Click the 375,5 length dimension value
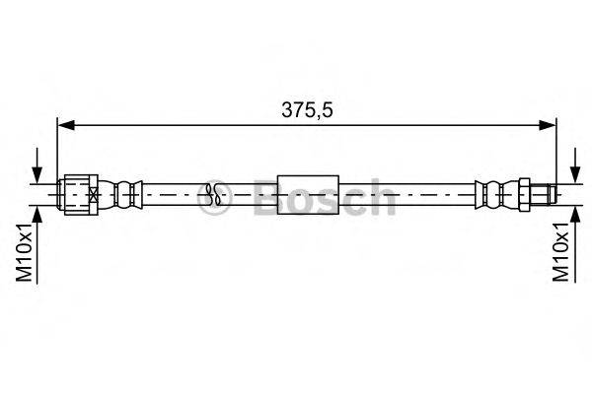(306, 111)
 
